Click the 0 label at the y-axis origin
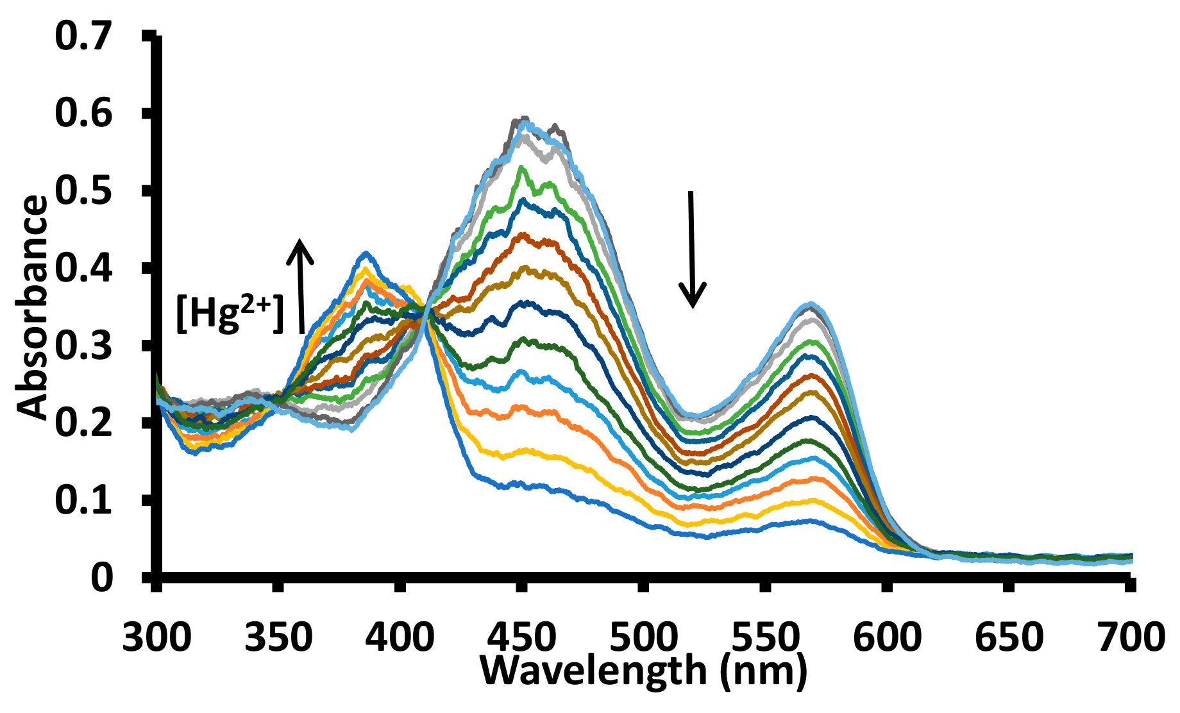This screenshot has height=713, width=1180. pyautogui.click(x=102, y=578)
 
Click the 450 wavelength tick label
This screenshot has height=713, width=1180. pyautogui.click(x=522, y=639)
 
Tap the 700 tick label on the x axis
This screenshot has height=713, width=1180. pyautogui.click(x=1129, y=639)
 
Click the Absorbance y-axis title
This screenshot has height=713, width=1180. pyautogui.click(x=32, y=308)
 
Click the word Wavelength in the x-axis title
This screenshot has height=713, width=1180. pyautogui.click(x=593, y=671)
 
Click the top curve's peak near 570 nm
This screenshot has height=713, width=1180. pyautogui.click(x=813, y=305)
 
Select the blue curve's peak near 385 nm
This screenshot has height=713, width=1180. pyautogui.click(x=366, y=254)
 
